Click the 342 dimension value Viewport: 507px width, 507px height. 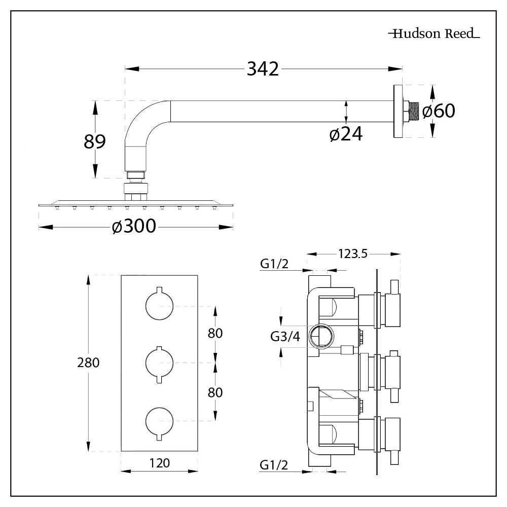pyautogui.click(x=263, y=68)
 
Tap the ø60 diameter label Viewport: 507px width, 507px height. pyautogui.click(x=439, y=111)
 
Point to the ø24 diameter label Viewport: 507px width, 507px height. pyautogui.click(x=346, y=134)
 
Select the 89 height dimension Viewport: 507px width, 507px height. pyautogui.click(x=94, y=141)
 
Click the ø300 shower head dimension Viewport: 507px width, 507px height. pyautogui.click(x=134, y=227)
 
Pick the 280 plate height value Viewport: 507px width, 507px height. pyautogui.click(x=88, y=363)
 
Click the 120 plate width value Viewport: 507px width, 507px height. pyautogui.click(x=159, y=462)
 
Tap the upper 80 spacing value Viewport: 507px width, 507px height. pyautogui.click(x=215, y=333)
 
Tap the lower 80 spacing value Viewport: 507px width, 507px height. pyautogui.click(x=215, y=392)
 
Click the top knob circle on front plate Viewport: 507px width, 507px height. pyautogui.click(x=159, y=306)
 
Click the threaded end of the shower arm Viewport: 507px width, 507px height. pyautogui.click(x=414, y=112)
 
